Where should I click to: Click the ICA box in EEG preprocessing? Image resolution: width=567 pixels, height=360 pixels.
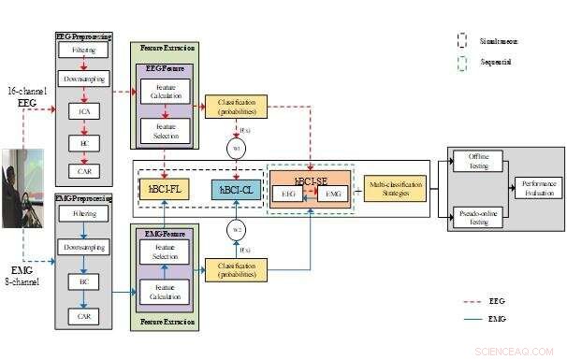click(x=84, y=111)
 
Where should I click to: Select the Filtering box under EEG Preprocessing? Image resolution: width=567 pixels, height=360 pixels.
click(x=84, y=48)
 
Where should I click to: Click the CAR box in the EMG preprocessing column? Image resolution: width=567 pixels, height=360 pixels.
click(x=84, y=317)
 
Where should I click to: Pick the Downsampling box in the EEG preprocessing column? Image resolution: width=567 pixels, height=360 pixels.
click(x=84, y=79)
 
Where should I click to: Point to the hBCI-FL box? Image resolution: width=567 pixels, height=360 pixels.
click(x=165, y=190)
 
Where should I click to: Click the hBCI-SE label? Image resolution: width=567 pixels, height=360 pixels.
click(x=309, y=180)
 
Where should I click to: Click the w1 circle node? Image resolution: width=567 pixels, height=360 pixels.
click(x=236, y=148)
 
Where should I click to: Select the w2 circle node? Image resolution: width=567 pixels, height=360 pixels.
click(x=236, y=230)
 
